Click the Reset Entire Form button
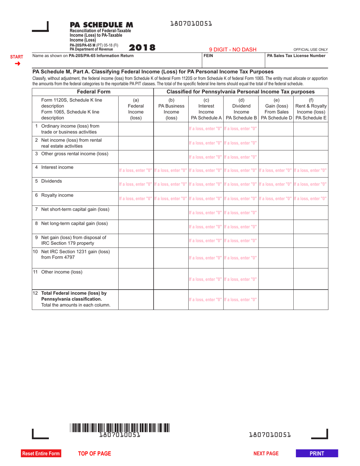pos(41,453)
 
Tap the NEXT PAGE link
pos(266,453)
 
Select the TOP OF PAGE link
pos(94,453)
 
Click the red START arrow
pos(17,63)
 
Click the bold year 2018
pos(142,48)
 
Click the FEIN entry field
pos(233,61)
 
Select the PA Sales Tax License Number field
pos(296,61)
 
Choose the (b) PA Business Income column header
pos(171,109)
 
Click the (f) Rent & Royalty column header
pos(311,109)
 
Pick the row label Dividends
pos(52,181)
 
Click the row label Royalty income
pos(57,195)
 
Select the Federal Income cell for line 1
pos(136,129)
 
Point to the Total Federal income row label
pos(74,293)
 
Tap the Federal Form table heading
pos(94,92)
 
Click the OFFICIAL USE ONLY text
pos(310,50)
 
